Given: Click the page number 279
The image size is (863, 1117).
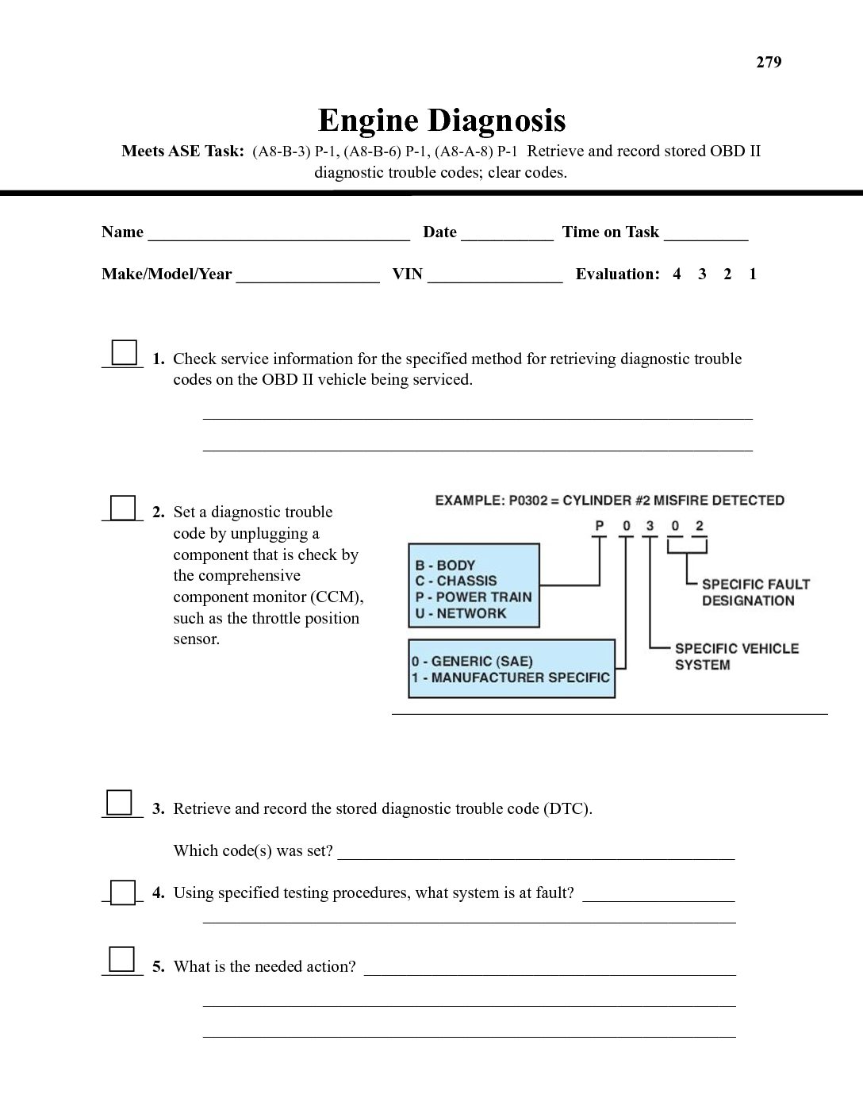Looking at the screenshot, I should (769, 63).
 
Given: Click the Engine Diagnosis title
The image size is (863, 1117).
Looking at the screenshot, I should (442, 121).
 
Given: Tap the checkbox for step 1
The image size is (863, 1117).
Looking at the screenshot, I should (124, 351).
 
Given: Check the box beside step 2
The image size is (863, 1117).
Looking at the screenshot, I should (122, 507).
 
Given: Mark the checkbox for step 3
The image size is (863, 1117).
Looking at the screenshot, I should (119, 802).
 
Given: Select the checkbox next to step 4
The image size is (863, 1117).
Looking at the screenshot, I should (123, 892).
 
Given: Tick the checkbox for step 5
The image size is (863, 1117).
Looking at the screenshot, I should (121, 959).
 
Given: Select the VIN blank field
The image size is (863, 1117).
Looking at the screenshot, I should (495, 277).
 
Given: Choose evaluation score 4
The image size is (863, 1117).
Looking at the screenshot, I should (677, 274).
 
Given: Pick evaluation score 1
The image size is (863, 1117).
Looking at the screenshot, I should (753, 274).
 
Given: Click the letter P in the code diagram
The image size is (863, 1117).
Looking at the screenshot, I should (600, 526).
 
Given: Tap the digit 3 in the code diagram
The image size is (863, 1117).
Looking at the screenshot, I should (650, 526).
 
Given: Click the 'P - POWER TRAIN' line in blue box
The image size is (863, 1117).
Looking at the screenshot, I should (473, 597).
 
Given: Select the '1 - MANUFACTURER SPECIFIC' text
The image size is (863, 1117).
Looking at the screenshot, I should (511, 677).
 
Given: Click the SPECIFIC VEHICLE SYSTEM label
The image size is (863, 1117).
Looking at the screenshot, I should (736, 657).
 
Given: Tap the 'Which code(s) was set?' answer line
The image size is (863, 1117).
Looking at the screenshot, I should (536, 854).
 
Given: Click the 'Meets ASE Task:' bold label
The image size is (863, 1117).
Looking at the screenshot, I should (182, 152).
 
